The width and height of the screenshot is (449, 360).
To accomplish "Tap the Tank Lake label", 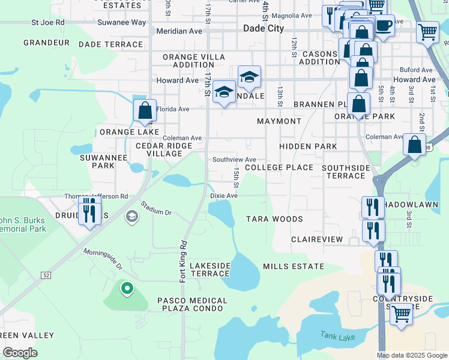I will (333, 337).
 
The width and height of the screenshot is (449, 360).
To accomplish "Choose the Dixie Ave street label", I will (224, 196).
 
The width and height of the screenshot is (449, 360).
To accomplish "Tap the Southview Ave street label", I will (234, 159).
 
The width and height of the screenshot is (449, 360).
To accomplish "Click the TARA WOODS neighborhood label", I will (274, 220).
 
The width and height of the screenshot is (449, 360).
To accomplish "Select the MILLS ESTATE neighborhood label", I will (294, 266).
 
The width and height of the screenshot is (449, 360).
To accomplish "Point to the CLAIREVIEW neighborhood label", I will (317, 239).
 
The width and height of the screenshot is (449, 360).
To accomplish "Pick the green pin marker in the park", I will (127, 289).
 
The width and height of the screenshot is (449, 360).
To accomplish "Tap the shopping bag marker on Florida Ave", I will (145, 110).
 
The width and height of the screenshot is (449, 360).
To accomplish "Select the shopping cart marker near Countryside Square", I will (400, 313).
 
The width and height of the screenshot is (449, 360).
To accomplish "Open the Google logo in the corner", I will (20, 353).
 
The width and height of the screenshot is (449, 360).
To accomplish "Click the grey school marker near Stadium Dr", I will (131, 216).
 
